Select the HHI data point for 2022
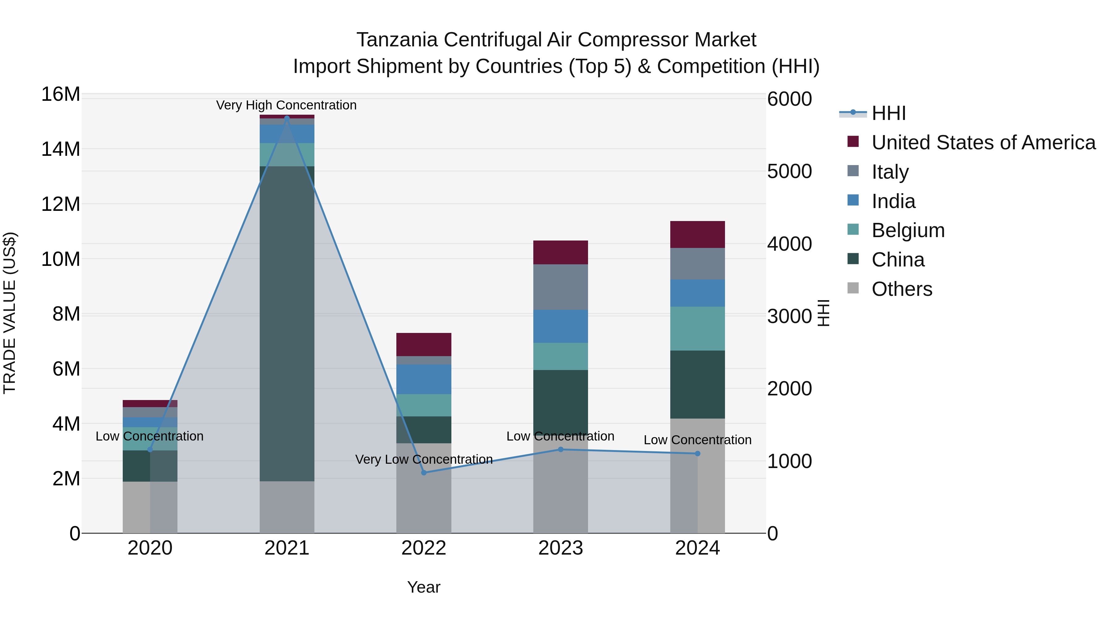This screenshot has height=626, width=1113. [x=424, y=473]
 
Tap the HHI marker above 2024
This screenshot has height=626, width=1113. [x=697, y=454]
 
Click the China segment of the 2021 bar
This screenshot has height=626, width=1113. [x=287, y=324]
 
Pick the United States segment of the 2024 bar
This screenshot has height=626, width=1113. [x=697, y=235]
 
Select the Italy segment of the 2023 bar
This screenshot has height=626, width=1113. [x=561, y=287]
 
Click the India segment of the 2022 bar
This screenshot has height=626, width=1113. [x=424, y=379]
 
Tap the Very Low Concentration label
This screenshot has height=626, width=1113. [x=424, y=459]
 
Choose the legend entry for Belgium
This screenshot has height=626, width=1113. [x=907, y=230]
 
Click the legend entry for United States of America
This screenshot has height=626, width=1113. [x=983, y=143]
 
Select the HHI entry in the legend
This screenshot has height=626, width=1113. [x=888, y=113]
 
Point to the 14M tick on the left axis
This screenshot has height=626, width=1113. [x=61, y=149]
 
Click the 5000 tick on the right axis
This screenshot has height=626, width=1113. [x=789, y=172]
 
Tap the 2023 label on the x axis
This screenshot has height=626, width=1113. [x=561, y=548]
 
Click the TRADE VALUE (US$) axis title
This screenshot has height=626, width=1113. [x=10, y=313]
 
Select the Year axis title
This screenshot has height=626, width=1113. [x=424, y=587]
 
